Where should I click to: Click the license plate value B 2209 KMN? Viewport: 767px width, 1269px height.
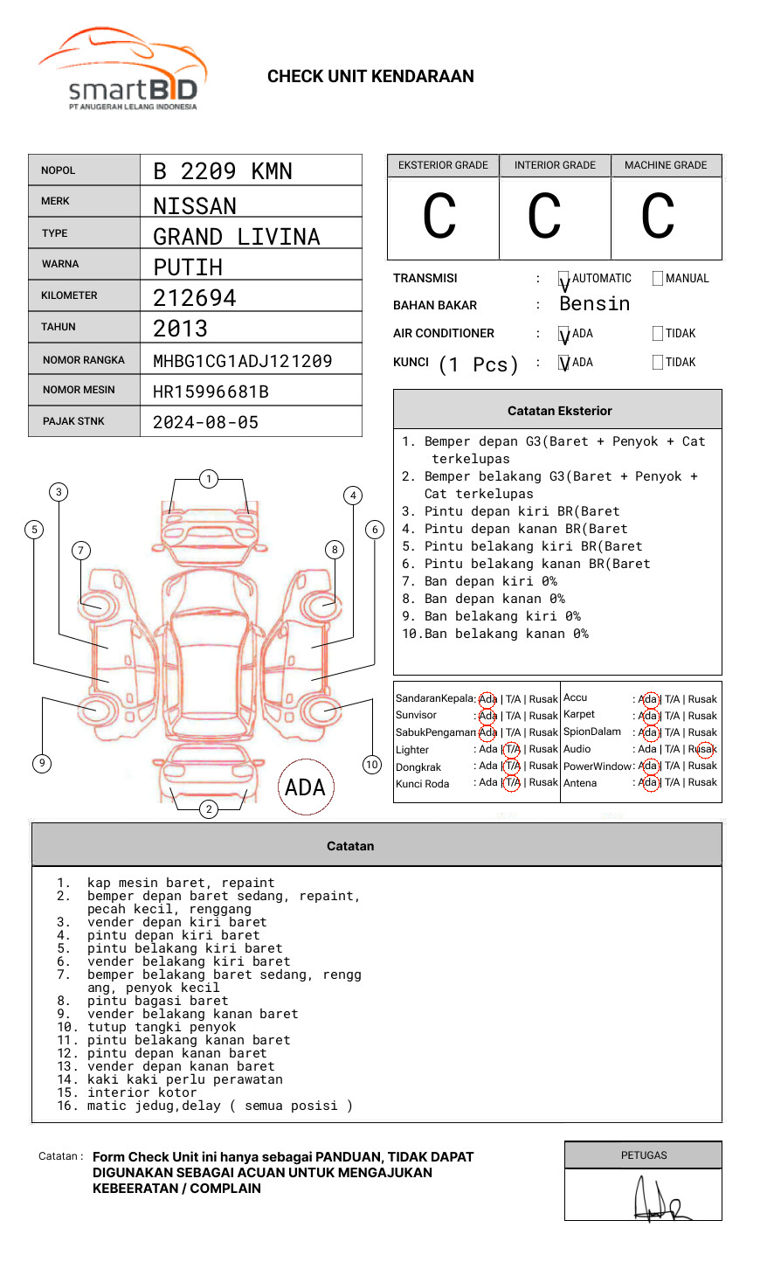223,171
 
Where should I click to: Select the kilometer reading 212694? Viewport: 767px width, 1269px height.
195,298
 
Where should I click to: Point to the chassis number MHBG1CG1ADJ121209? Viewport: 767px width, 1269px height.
243,361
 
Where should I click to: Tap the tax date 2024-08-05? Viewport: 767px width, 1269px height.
206,422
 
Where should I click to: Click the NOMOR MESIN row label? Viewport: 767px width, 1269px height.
79,390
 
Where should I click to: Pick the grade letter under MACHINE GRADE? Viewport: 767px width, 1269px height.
658,217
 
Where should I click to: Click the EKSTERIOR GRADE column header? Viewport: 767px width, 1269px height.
443,165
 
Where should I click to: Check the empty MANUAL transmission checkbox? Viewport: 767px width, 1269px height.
658,279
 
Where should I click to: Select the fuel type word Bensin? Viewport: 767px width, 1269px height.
594,304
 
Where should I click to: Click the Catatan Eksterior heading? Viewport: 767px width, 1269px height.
559,411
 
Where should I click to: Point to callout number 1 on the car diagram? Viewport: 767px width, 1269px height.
208,479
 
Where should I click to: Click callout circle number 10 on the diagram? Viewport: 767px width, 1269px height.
372,765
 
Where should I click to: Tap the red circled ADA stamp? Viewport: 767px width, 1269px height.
305,787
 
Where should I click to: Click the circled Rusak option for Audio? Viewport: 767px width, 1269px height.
704,749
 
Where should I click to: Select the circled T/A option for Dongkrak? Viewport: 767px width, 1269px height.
512,766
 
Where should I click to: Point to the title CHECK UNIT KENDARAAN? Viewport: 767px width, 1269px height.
370,77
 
